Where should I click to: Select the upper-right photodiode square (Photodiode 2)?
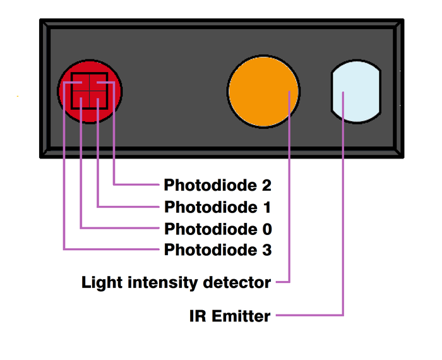[99, 83]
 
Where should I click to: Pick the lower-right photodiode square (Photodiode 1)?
[99, 100]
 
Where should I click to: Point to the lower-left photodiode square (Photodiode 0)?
[81, 100]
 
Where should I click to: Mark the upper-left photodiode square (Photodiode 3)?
[80, 83]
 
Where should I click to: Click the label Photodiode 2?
[217, 186]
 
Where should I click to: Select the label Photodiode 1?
[217, 207]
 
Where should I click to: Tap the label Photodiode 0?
[217, 229]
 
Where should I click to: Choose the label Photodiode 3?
[217, 250]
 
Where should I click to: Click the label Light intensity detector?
[176, 282]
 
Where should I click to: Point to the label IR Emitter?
[229, 316]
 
